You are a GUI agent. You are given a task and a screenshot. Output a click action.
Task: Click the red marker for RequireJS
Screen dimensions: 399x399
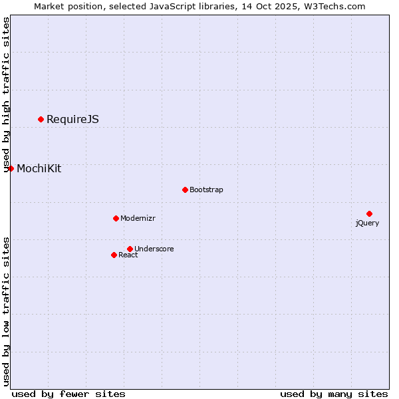coord(41,119)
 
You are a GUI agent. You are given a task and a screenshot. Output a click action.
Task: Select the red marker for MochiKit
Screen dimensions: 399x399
coord(11,168)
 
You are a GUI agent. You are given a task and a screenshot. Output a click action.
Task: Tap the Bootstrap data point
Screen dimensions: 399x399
coord(185,190)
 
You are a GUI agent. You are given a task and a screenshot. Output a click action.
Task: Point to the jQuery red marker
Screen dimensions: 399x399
coord(369,213)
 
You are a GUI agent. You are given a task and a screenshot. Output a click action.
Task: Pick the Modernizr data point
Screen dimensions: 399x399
coord(116,218)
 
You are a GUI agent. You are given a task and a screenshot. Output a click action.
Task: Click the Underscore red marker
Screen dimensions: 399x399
coord(130,249)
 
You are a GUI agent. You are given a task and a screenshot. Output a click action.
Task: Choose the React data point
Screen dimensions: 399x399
coord(114,255)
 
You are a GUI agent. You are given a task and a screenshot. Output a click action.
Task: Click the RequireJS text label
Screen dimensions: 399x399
coord(72,120)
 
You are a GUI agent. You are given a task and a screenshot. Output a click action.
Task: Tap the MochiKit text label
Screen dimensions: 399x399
coord(39,169)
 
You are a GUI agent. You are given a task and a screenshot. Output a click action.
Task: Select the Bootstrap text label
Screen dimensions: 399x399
coord(206,190)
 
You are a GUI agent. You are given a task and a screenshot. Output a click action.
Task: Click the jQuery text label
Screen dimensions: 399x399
coord(367,223)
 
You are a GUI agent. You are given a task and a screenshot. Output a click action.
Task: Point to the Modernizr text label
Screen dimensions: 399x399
coord(138,219)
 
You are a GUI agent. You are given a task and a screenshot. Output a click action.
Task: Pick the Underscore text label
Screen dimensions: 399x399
coord(154,249)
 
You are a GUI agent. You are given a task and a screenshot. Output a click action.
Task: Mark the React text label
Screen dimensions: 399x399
coord(128,255)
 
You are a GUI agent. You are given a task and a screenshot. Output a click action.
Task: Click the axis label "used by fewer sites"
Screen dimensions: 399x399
coord(68,394)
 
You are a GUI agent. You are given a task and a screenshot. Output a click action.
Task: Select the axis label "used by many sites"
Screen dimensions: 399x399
coord(334,394)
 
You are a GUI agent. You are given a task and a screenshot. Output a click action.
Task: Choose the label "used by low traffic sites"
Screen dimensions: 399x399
coord(6,311)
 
